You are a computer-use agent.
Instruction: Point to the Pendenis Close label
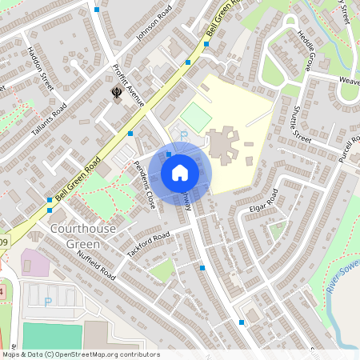(x=145, y=184)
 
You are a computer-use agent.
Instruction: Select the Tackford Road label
(x=149, y=246)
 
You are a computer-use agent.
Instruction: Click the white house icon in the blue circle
(x=180, y=172)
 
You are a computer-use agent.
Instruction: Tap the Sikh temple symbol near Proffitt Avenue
(x=116, y=93)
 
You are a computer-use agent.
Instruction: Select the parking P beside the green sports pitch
(x=182, y=134)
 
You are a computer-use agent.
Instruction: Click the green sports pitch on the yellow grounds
(x=195, y=115)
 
